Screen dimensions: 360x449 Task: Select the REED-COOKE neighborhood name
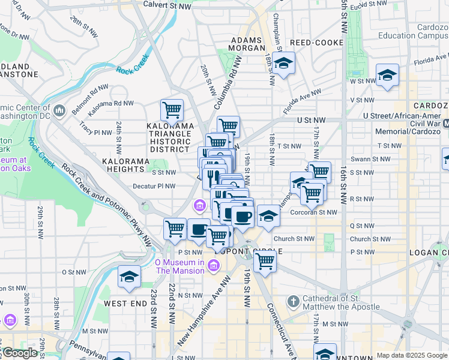[x=316, y=43]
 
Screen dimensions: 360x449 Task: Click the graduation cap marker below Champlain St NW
[x=282, y=63]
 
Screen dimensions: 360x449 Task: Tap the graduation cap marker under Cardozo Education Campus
[x=387, y=75]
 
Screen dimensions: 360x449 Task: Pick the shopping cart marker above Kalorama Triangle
[x=172, y=110]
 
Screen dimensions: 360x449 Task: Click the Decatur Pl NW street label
[x=154, y=186]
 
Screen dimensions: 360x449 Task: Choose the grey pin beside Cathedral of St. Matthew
[x=292, y=301]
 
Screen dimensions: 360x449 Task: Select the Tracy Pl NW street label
[x=95, y=128]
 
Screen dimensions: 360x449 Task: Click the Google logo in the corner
[x=19, y=353]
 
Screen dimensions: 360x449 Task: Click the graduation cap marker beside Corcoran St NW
[x=268, y=216]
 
